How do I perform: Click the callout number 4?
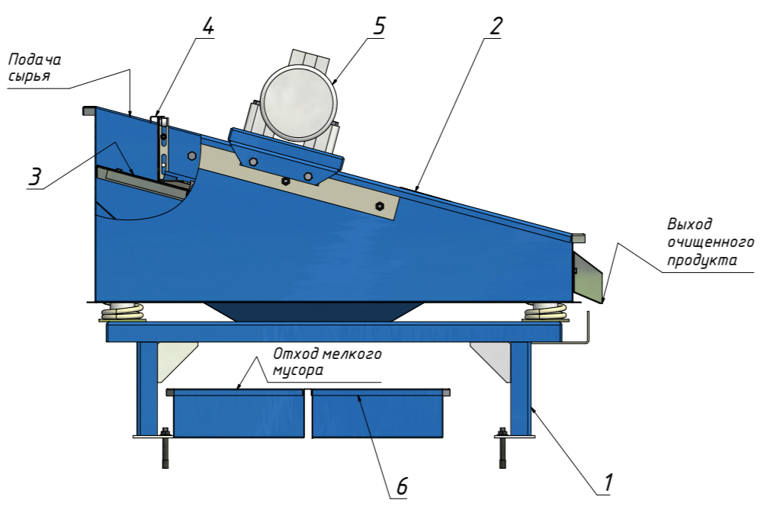click(207, 26)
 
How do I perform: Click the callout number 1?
click(608, 482)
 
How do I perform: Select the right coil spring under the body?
click(546, 311)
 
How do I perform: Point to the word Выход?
click(689, 225)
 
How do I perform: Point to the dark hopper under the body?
click(313, 312)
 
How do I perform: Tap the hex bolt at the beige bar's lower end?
click(380, 205)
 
